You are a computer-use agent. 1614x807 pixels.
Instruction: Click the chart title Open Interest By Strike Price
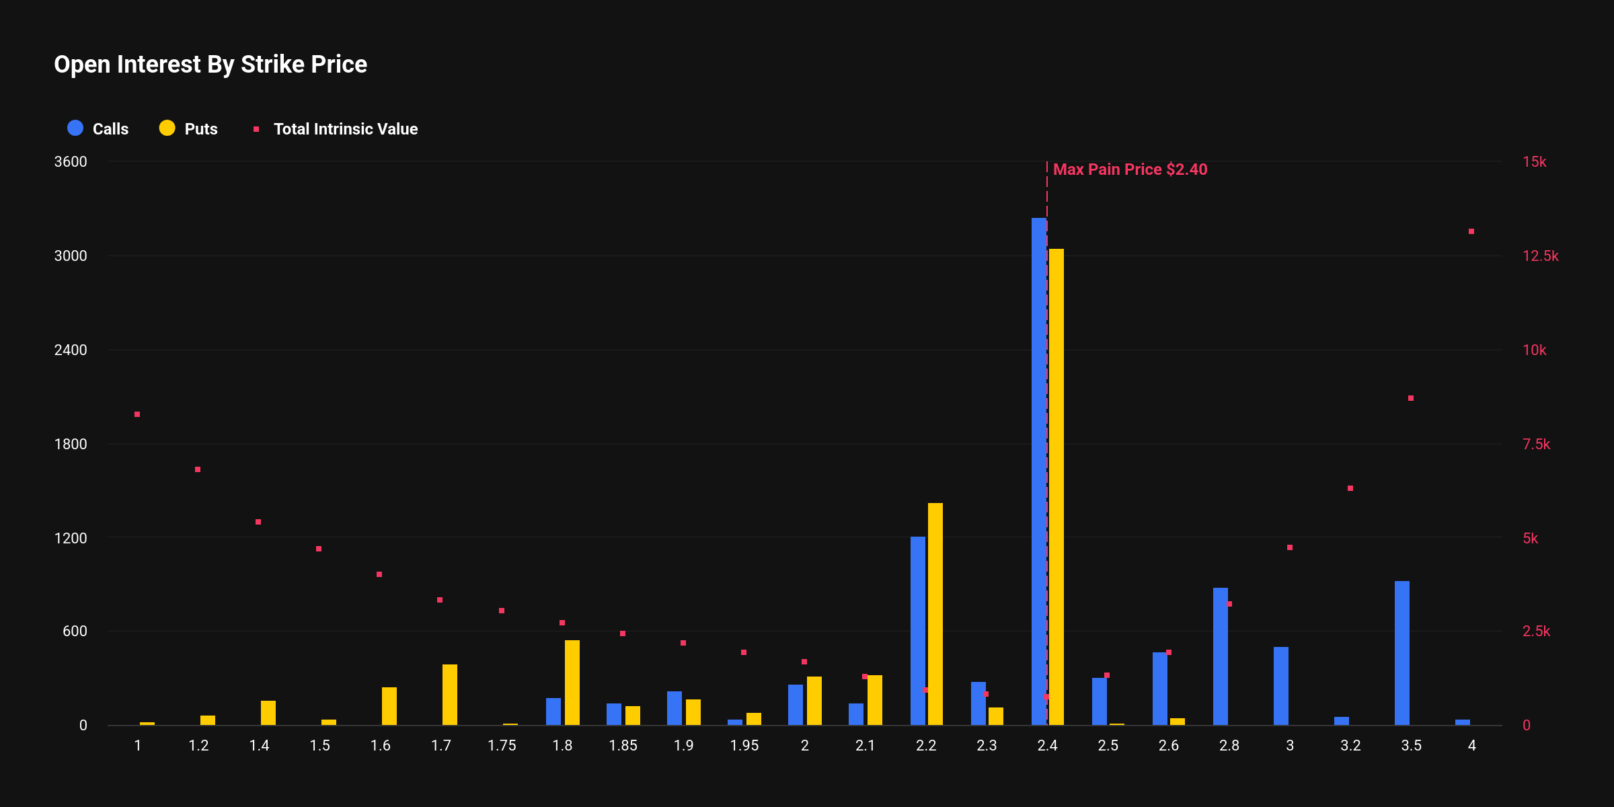point(210,65)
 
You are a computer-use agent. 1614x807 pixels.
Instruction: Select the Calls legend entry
point(98,128)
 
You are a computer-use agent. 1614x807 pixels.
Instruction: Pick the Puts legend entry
point(189,128)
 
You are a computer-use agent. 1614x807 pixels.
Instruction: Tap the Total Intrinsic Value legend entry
point(336,128)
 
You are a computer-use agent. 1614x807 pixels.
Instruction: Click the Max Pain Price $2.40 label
point(1130,169)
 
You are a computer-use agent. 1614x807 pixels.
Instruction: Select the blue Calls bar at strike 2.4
point(1038,471)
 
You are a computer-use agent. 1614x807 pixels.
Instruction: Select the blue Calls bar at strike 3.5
point(1401,652)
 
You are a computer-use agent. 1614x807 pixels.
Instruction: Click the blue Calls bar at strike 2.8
point(1220,656)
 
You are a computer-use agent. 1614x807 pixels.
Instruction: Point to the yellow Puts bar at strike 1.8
point(572,682)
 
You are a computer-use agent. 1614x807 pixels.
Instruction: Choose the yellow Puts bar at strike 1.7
point(450,694)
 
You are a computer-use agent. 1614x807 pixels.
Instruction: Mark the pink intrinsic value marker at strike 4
point(1471,231)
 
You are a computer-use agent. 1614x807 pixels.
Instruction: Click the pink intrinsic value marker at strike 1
point(137,414)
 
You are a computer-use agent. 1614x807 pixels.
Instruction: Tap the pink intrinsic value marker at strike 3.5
point(1411,398)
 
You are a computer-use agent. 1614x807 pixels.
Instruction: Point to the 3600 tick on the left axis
point(71,162)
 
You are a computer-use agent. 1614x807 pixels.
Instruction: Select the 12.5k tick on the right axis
point(1540,256)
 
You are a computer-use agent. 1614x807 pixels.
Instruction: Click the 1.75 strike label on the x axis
point(502,745)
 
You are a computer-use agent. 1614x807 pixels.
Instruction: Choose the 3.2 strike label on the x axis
point(1350,745)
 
